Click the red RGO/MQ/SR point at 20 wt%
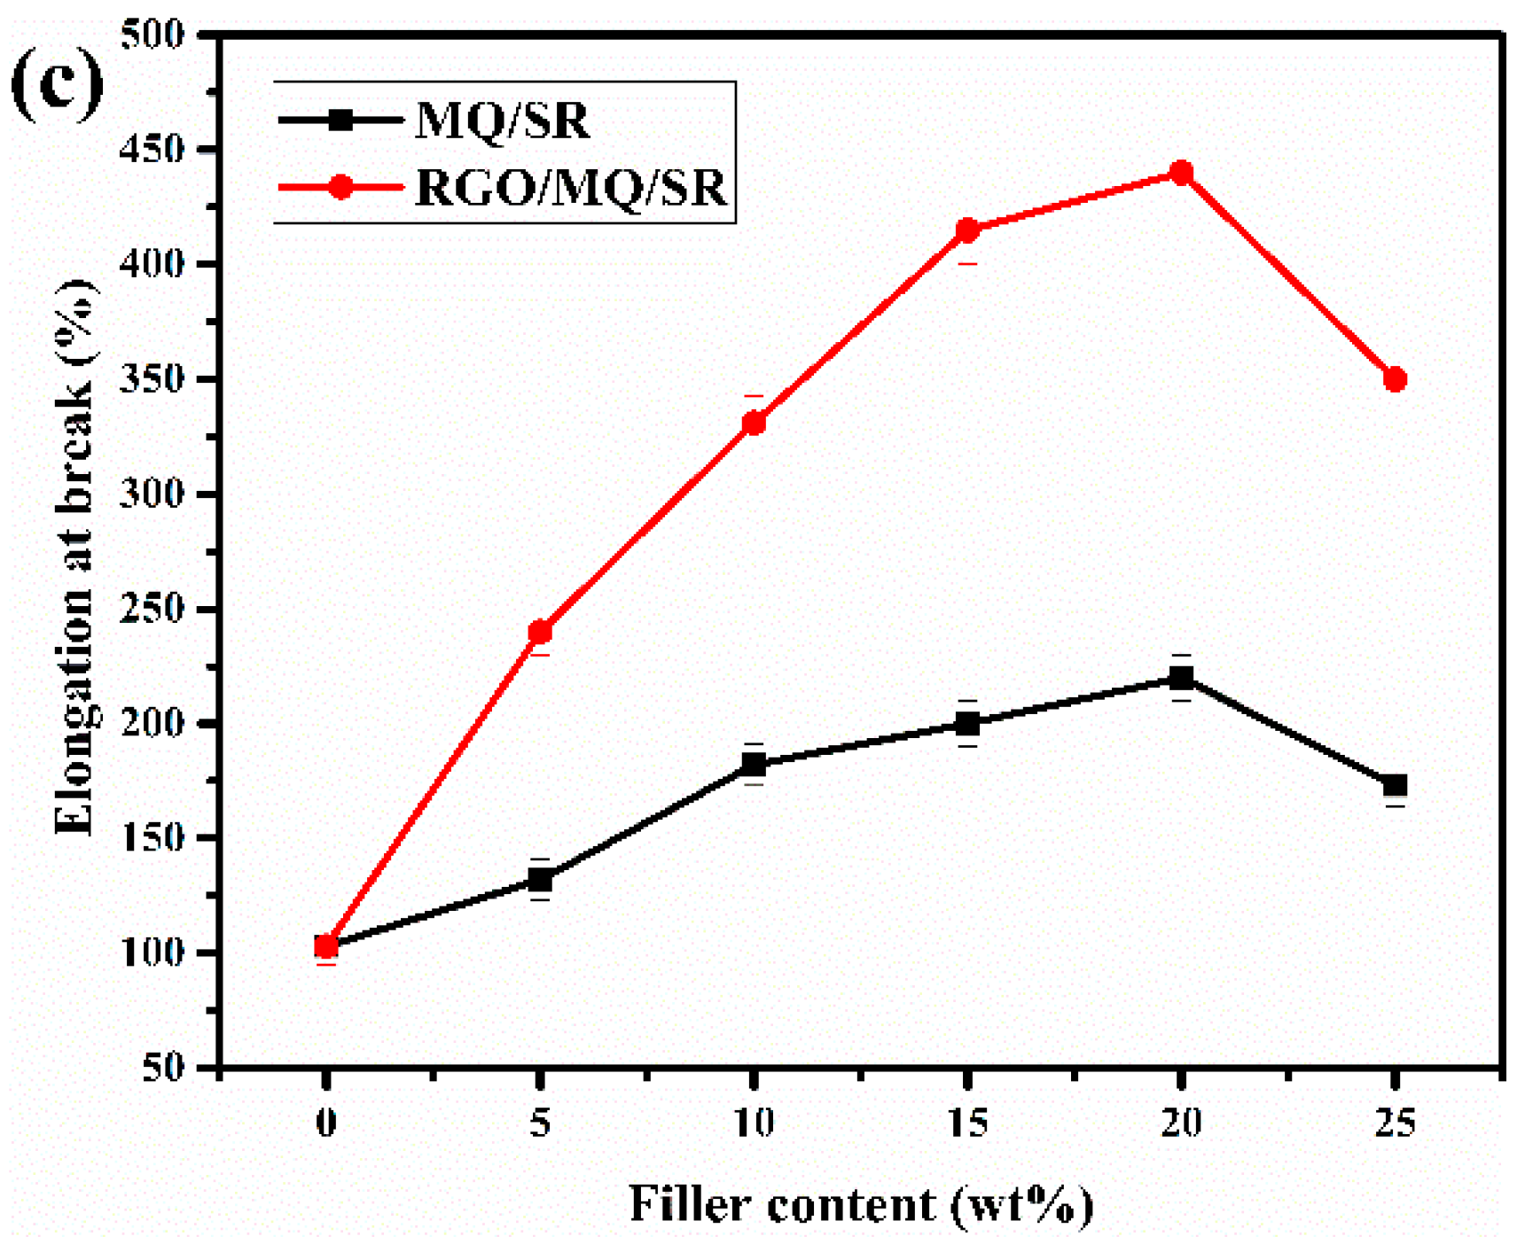click(x=1181, y=173)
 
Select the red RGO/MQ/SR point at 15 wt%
click(x=967, y=231)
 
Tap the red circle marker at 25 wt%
click(x=1395, y=379)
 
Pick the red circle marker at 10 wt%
click(x=754, y=423)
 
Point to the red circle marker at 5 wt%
click(x=540, y=632)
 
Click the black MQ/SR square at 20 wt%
click(x=1181, y=678)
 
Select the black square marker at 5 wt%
click(x=540, y=880)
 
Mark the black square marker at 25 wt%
click(x=1395, y=785)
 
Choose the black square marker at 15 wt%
click(x=967, y=724)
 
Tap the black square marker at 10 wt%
click(x=754, y=764)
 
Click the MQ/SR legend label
click(x=502, y=120)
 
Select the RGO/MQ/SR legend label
click(x=570, y=188)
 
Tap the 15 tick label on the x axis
click(x=967, y=1123)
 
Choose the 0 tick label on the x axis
click(x=326, y=1123)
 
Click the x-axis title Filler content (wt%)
click(x=860, y=1204)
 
